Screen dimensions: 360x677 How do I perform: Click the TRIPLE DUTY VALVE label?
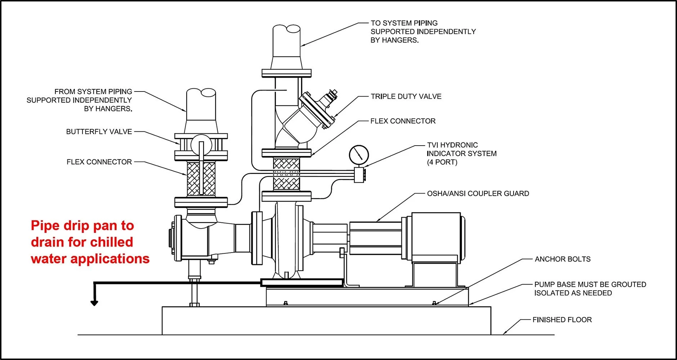point(406,97)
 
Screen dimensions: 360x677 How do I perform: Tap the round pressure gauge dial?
point(359,155)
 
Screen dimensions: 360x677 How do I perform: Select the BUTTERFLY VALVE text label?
point(99,132)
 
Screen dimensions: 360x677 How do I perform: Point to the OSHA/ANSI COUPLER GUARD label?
point(478,194)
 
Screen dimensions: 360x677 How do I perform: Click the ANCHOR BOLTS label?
point(562,259)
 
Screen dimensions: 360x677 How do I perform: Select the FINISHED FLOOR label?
point(562,320)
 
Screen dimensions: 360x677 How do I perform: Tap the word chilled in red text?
point(111,242)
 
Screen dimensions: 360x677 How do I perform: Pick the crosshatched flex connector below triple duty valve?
point(286,174)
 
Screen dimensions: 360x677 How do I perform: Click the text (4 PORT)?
point(442,162)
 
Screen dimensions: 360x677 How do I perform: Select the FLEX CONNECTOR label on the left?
point(99,162)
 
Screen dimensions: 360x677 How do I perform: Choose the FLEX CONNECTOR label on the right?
point(403,121)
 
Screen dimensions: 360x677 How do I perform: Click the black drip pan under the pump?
point(302,283)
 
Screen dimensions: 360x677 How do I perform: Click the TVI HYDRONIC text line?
point(452,145)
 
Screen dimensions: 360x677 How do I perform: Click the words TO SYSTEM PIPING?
point(404,23)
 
